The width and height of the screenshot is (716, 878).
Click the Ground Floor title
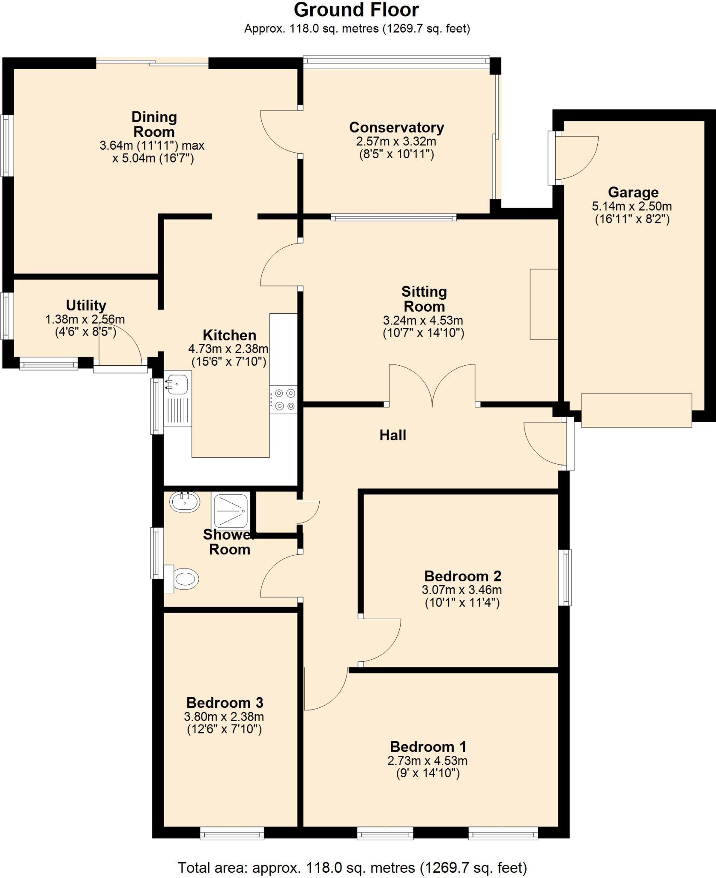click(x=356, y=10)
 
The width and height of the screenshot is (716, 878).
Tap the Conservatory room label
click(x=396, y=127)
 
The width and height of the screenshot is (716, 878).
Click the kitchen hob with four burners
click(x=283, y=399)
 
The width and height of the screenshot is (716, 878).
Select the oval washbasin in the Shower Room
click(x=185, y=502)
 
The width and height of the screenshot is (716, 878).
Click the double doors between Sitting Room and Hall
click(x=432, y=385)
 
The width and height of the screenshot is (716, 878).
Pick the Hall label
click(x=392, y=436)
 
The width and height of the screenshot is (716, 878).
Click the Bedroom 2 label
click(x=462, y=576)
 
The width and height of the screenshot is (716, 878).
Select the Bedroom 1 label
click(x=428, y=747)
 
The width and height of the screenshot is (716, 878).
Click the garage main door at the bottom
click(x=636, y=410)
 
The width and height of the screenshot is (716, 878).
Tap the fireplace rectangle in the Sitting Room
click(x=544, y=304)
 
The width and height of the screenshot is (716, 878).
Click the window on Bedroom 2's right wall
click(x=566, y=577)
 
